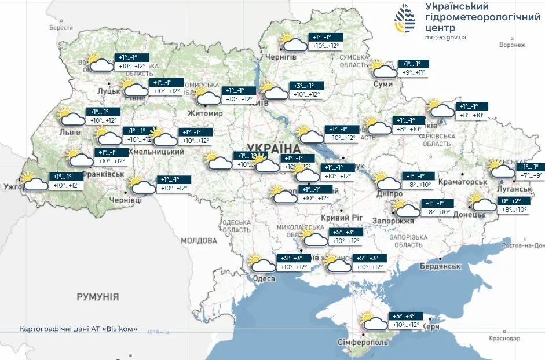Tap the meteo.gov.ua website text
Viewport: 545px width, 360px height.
tap(445, 37)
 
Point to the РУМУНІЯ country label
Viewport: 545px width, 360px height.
tap(98, 297)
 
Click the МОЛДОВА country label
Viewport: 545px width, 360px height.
tap(198, 240)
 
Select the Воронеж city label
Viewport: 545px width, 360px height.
tap(512, 45)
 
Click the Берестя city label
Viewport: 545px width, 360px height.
tap(61, 28)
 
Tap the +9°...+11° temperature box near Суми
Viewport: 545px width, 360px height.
tap(414, 73)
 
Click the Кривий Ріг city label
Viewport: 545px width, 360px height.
tap(341, 217)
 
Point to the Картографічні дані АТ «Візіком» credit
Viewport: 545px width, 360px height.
tap(78, 329)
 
